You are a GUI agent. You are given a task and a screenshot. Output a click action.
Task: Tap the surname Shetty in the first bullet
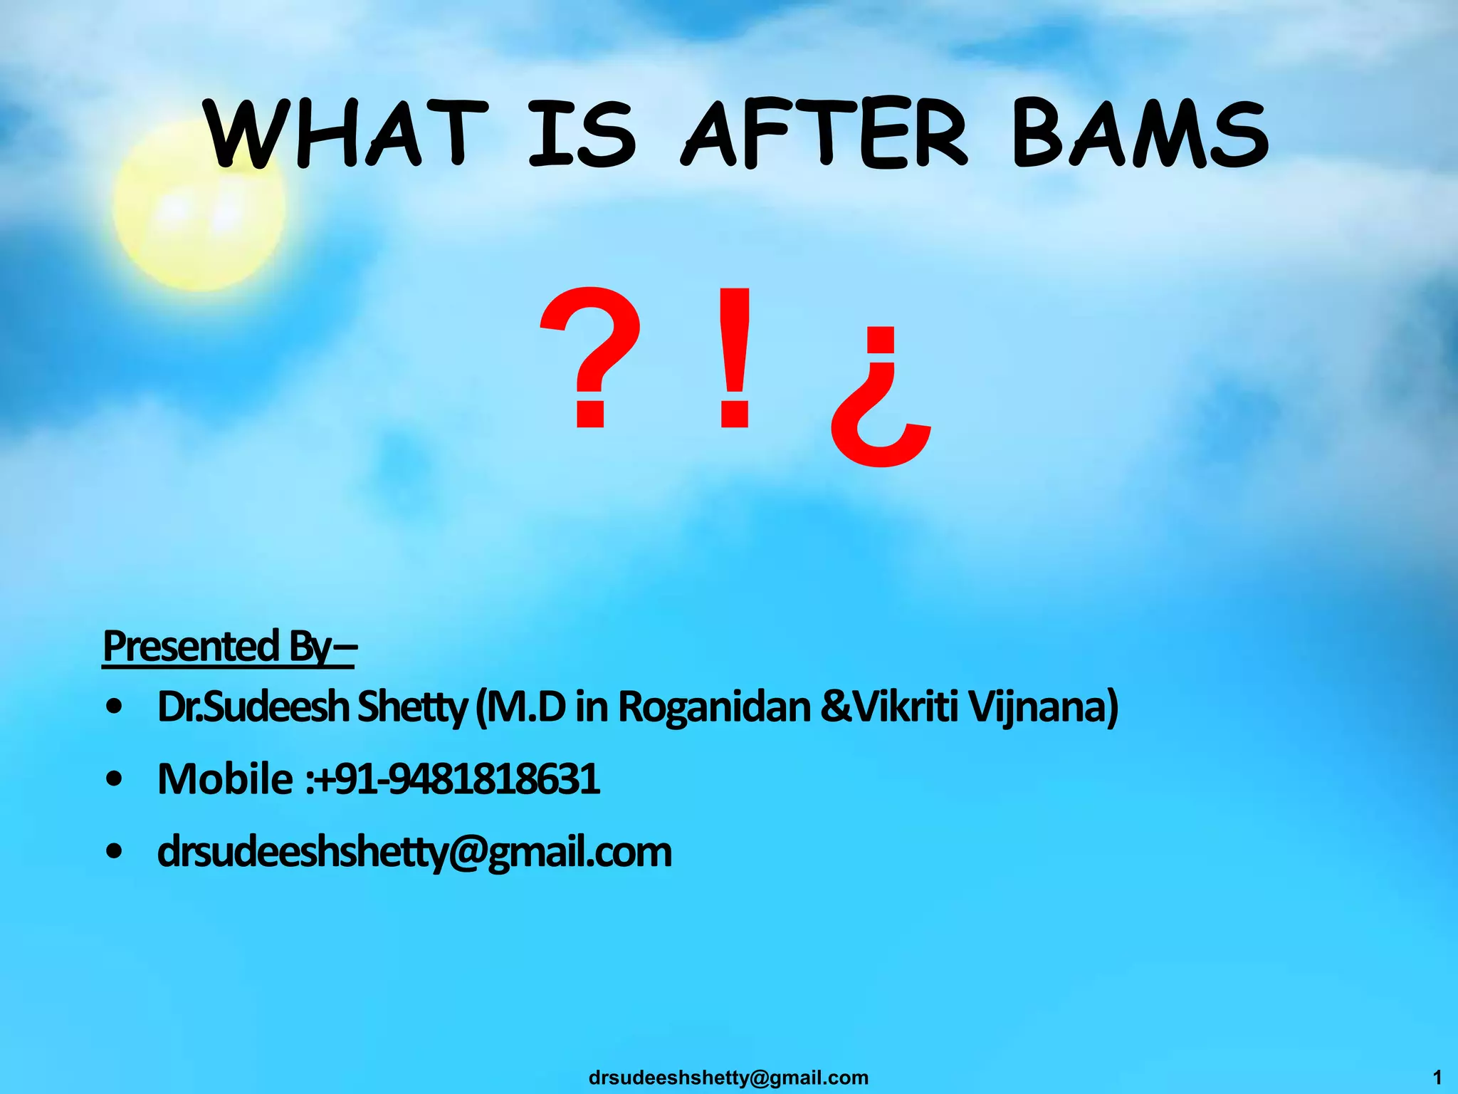point(412,707)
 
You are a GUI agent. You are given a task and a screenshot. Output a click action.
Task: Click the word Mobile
point(224,778)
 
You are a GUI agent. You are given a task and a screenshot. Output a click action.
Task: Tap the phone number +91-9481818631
point(456,778)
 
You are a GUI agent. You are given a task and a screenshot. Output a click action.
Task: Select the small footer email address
point(728,1078)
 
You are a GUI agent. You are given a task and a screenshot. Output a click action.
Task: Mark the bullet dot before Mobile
point(115,779)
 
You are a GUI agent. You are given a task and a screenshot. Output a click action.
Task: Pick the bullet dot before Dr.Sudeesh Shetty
point(115,707)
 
